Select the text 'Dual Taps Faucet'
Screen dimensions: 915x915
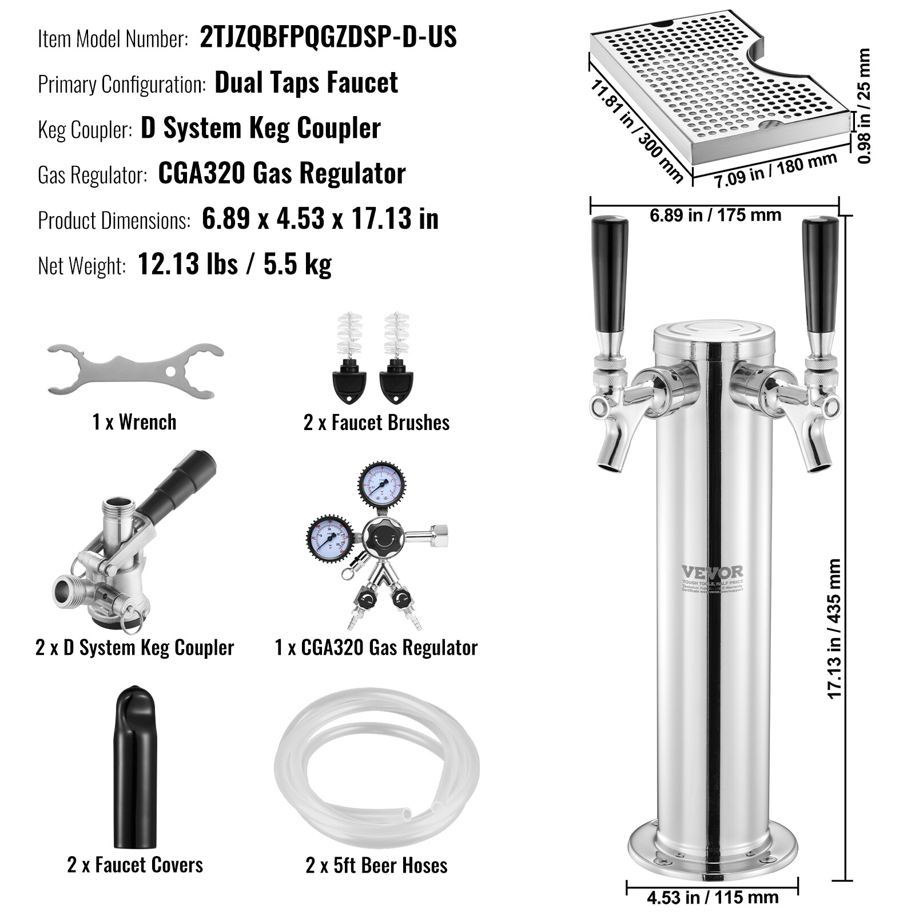tap(306, 83)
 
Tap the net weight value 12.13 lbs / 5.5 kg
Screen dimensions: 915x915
tap(234, 264)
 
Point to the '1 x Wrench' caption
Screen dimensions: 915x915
tap(134, 423)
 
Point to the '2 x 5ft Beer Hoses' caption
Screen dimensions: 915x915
tap(376, 865)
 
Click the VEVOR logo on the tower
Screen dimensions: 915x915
tap(712, 572)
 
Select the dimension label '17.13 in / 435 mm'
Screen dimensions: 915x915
tap(834, 629)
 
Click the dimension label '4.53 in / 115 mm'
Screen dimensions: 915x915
tap(713, 897)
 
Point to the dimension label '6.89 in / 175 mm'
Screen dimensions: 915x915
tap(715, 216)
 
